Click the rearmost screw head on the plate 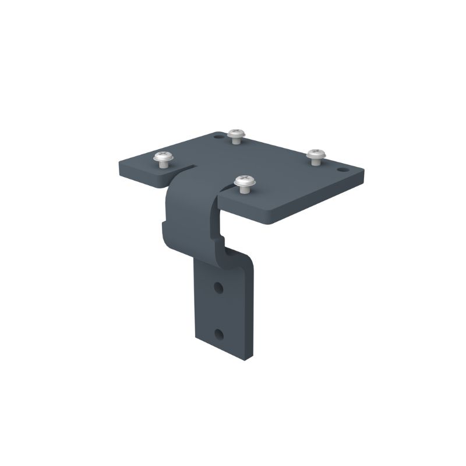click(x=235, y=133)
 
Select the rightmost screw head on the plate click(x=316, y=153)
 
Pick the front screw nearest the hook click(x=245, y=182)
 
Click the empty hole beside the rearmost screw click(x=218, y=137)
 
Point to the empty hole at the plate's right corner click(x=343, y=170)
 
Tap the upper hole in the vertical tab click(x=218, y=287)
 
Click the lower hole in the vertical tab click(x=218, y=334)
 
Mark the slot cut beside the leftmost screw click(x=185, y=170)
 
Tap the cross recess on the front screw click(x=245, y=179)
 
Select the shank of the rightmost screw click(x=316, y=161)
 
